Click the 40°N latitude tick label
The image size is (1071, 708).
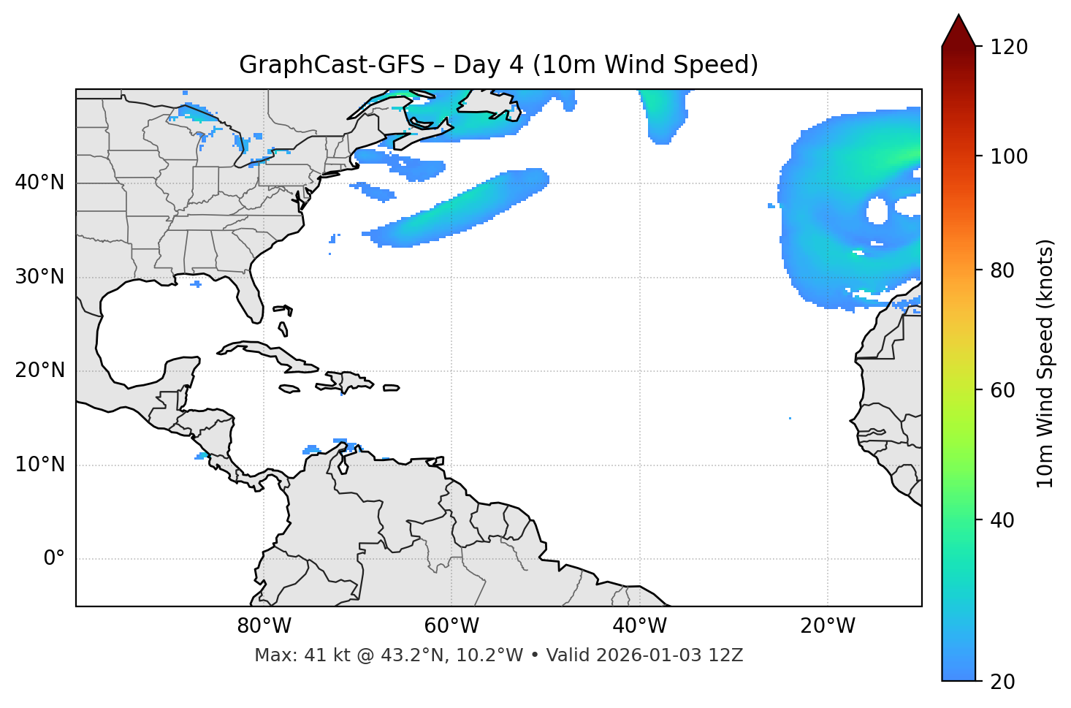coord(39,182)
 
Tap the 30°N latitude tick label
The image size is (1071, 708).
coord(39,276)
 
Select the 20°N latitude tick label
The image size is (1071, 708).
coord(39,370)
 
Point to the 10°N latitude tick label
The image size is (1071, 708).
coord(39,465)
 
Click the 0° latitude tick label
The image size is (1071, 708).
coord(53,559)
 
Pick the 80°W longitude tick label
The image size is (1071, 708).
coord(264,626)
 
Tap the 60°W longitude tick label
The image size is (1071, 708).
coord(451,626)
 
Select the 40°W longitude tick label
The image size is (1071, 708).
coord(639,626)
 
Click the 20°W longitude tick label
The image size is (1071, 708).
coord(827,626)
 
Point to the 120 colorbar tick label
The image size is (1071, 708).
coord(1009,47)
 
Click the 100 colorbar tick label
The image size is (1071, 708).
coord(1009,156)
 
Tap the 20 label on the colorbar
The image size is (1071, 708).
coord(1002,682)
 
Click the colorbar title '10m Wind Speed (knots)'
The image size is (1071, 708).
coord(1046,363)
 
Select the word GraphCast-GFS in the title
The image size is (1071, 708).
coord(332,65)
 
